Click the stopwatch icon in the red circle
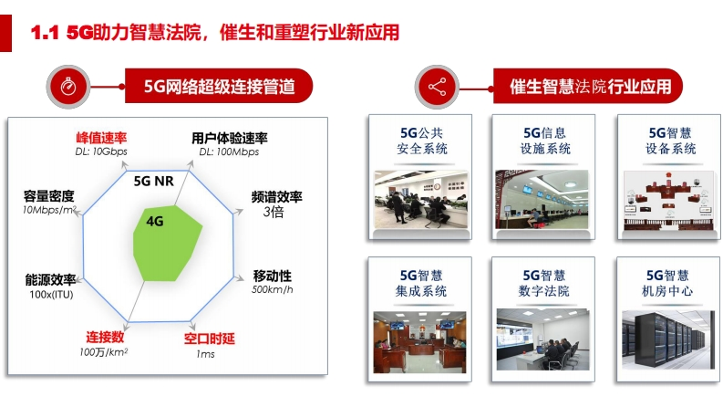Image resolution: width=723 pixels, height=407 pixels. pyautogui.click(x=68, y=87)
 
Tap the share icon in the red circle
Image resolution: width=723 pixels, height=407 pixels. pyautogui.click(x=437, y=87)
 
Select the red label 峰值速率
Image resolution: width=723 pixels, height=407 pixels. pyautogui.click(x=101, y=138)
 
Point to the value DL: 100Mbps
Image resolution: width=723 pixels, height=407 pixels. pyautogui.click(x=229, y=151)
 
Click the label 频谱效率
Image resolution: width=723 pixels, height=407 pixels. pyautogui.click(x=276, y=197)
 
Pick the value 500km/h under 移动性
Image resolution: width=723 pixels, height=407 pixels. pyautogui.click(x=272, y=290)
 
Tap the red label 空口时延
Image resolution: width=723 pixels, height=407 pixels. pyautogui.click(x=210, y=339)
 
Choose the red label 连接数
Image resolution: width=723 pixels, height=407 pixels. pyautogui.click(x=105, y=337)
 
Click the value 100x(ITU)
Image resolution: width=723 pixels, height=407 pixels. pyautogui.click(x=51, y=295)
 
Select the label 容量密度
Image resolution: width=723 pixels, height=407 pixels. pyautogui.click(x=49, y=196)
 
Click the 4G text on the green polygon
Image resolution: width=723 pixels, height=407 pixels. pyautogui.click(x=155, y=222)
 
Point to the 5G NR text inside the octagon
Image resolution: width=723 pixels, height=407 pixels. pyautogui.click(x=154, y=182)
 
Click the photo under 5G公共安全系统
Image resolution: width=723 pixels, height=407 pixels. pyautogui.click(x=420, y=199)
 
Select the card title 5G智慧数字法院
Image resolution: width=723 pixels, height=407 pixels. pyautogui.click(x=544, y=283)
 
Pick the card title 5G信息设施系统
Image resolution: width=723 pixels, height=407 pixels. pyautogui.click(x=545, y=141)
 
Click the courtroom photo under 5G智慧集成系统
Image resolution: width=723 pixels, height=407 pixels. pyautogui.click(x=419, y=342)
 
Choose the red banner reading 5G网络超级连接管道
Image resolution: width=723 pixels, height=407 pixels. pyautogui.click(x=219, y=87)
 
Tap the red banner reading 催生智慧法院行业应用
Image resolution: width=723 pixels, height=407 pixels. pyautogui.click(x=588, y=87)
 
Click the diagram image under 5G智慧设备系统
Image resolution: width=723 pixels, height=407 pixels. pyautogui.click(x=669, y=201)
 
